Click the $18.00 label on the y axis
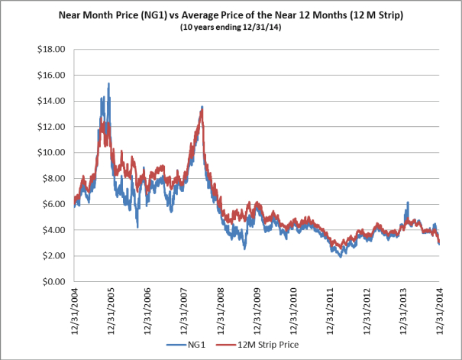(49, 50)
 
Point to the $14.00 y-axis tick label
(49, 101)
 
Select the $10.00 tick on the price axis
(49, 153)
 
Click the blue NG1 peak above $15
(108, 83)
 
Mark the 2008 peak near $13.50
(202, 107)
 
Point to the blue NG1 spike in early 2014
(408, 203)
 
